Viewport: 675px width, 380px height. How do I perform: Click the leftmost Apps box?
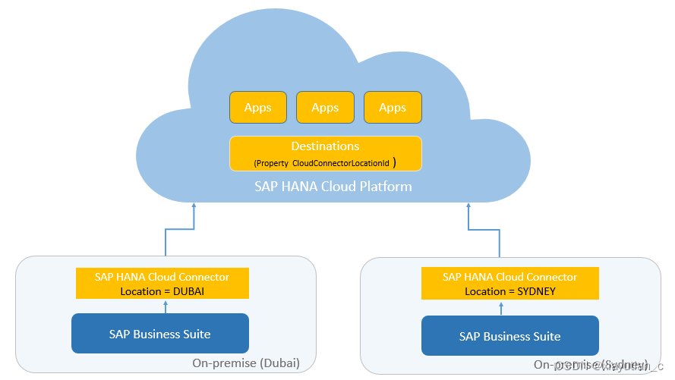click(258, 108)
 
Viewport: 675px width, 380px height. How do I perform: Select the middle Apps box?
click(325, 108)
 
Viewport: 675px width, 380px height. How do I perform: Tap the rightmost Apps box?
click(393, 108)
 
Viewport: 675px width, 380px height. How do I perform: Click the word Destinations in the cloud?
click(325, 146)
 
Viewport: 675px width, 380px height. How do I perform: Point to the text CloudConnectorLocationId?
click(341, 163)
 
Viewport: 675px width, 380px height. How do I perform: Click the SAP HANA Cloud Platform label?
click(333, 187)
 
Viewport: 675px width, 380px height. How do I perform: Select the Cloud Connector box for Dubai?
click(162, 284)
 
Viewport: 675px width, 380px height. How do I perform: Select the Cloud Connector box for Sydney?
click(509, 284)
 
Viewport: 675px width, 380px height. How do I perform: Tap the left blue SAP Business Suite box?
click(160, 334)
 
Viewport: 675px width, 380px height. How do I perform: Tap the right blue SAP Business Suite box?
click(509, 336)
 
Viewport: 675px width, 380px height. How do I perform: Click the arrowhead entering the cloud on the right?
click(468, 207)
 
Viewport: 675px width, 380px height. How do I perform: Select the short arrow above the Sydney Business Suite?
click(502, 307)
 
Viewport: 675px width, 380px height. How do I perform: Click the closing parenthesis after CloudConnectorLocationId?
click(395, 162)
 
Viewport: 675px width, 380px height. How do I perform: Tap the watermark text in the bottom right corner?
click(604, 366)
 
